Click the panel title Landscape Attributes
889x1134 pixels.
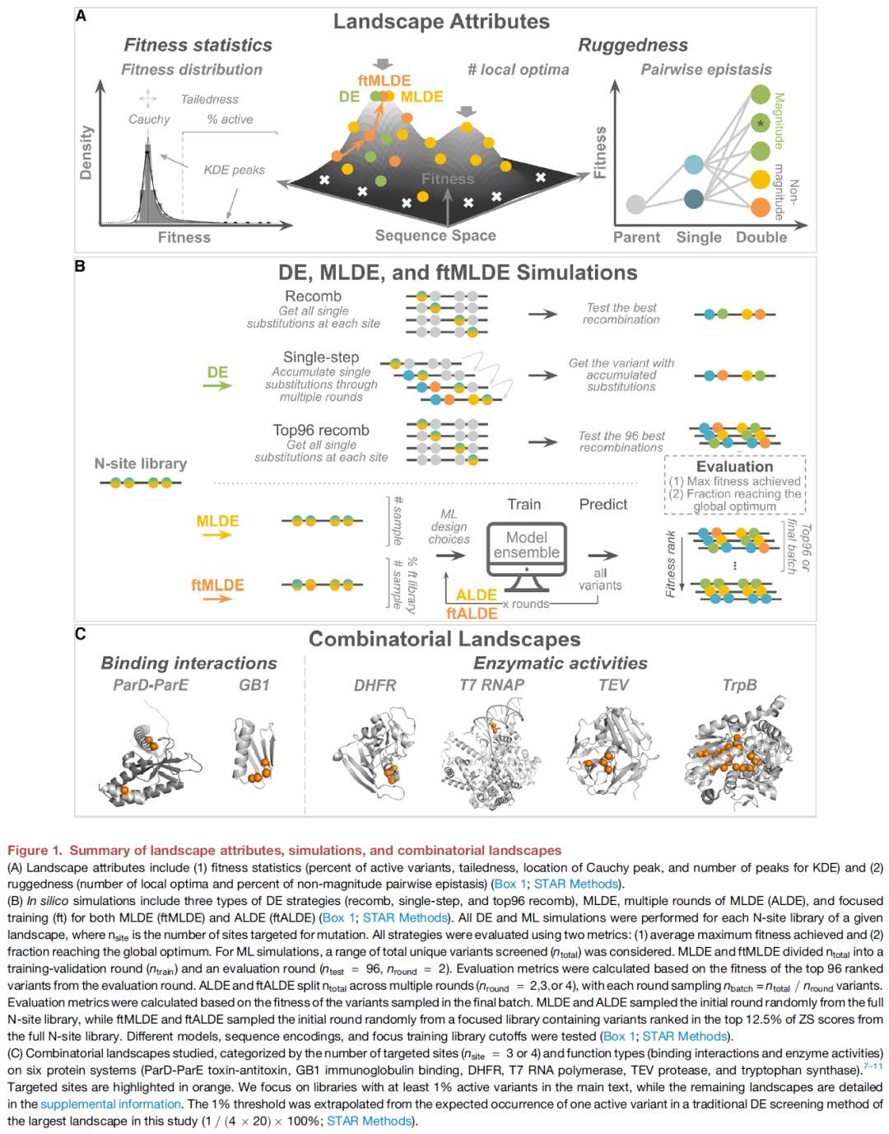click(x=441, y=21)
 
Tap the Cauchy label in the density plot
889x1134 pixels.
click(x=149, y=119)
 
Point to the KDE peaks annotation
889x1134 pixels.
click(x=234, y=170)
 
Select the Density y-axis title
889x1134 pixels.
click(x=86, y=152)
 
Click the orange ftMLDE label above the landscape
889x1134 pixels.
click(x=384, y=81)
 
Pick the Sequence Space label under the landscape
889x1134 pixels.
click(x=435, y=236)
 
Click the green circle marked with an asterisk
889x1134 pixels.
click(x=760, y=124)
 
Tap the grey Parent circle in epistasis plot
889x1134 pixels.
click(x=635, y=203)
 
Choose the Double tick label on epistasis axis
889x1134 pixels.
click(x=761, y=237)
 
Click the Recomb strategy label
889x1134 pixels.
click(x=313, y=296)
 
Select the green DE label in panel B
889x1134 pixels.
click(x=217, y=372)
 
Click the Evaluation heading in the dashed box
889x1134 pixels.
click(x=734, y=466)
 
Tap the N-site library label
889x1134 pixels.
click(x=141, y=464)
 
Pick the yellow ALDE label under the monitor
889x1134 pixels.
click(x=476, y=595)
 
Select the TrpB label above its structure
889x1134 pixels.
click(x=739, y=685)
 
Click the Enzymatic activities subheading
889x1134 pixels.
click(x=560, y=663)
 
